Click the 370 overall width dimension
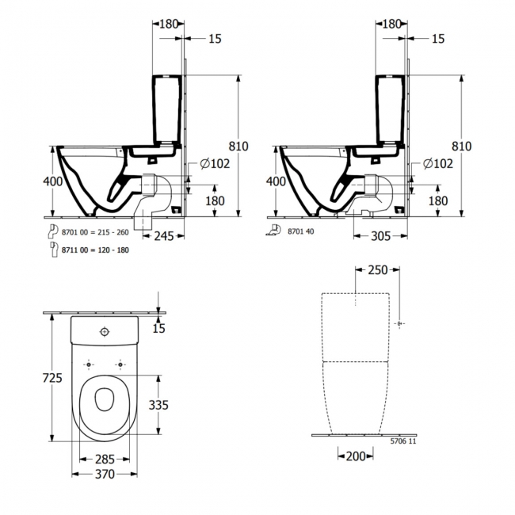pyautogui.click(x=105, y=475)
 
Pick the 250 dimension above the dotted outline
pyautogui.click(x=377, y=271)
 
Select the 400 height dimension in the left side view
pyautogui.click(x=52, y=182)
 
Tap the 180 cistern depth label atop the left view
pyautogui.click(x=169, y=24)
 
